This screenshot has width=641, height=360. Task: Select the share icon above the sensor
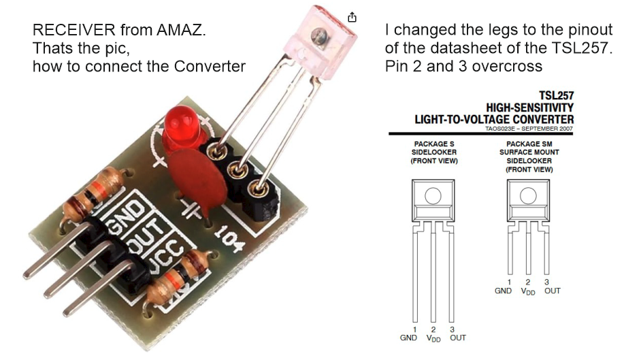pyautogui.click(x=352, y=17)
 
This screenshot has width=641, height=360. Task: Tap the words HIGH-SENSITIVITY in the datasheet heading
pyautogui.click(x=529, y=108)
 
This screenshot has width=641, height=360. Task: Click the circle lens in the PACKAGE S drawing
pyautogui.click(x=433, y=197)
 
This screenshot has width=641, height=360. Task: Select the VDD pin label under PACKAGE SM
pyautogui.click(x=528, y=291)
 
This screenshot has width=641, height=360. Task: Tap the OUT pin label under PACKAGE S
pyautogui.click(x=457, y=338)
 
